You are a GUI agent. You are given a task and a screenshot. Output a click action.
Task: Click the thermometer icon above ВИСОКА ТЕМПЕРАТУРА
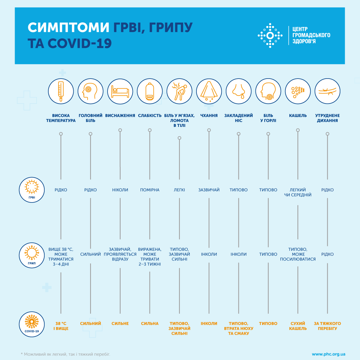pyautogui.click(x=61, y=91)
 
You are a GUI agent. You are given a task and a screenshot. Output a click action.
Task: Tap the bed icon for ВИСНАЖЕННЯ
pyautogui.click(x=120, y=91)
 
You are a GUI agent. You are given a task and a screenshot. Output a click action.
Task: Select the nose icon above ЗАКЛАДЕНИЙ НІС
pyautogui.click(x=238, y=91)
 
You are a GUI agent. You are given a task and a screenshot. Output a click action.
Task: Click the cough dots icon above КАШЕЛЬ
pyautogui.click(x=298, y=91)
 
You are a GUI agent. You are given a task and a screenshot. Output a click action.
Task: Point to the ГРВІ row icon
pyautogui.click(x=32, y=190)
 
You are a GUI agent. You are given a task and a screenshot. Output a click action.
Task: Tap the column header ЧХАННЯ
pyautogui.click(x=209, y=116)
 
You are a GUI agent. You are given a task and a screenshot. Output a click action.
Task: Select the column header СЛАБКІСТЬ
pyautogui.click(x=150, y=116)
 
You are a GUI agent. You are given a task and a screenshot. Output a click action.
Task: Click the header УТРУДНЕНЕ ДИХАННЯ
pyautogui.click(x=327, y=118)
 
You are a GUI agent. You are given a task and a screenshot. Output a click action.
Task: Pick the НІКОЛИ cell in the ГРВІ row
pyautogui.click(x=120, y=190)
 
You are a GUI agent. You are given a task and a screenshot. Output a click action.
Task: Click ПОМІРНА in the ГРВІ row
pyautogui.click(x=150, y=190)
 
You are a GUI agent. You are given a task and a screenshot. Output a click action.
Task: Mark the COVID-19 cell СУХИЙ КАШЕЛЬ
pyautogui.click(x=298, y=326)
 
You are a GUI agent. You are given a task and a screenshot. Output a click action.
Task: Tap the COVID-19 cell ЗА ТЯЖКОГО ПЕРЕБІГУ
pyautogui.click(x=327, y=326)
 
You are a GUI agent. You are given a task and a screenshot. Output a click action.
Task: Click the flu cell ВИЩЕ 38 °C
pyautogui.click(x=61, y=256)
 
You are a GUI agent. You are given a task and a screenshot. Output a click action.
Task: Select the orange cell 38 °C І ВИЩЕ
pyautogui.click(x=61, y=326)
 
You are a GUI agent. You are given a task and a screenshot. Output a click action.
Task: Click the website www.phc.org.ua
pyautogui.click(x=328, y=354)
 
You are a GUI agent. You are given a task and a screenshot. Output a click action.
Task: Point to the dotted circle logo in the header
pyautogui.click(x=270, y=35)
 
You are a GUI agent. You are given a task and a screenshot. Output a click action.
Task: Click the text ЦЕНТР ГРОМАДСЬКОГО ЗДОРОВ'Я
pyautogui.click(x=311, y=35)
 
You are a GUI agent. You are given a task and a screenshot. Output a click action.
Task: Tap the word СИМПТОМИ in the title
pyautogui.click(x=68, y=27)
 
